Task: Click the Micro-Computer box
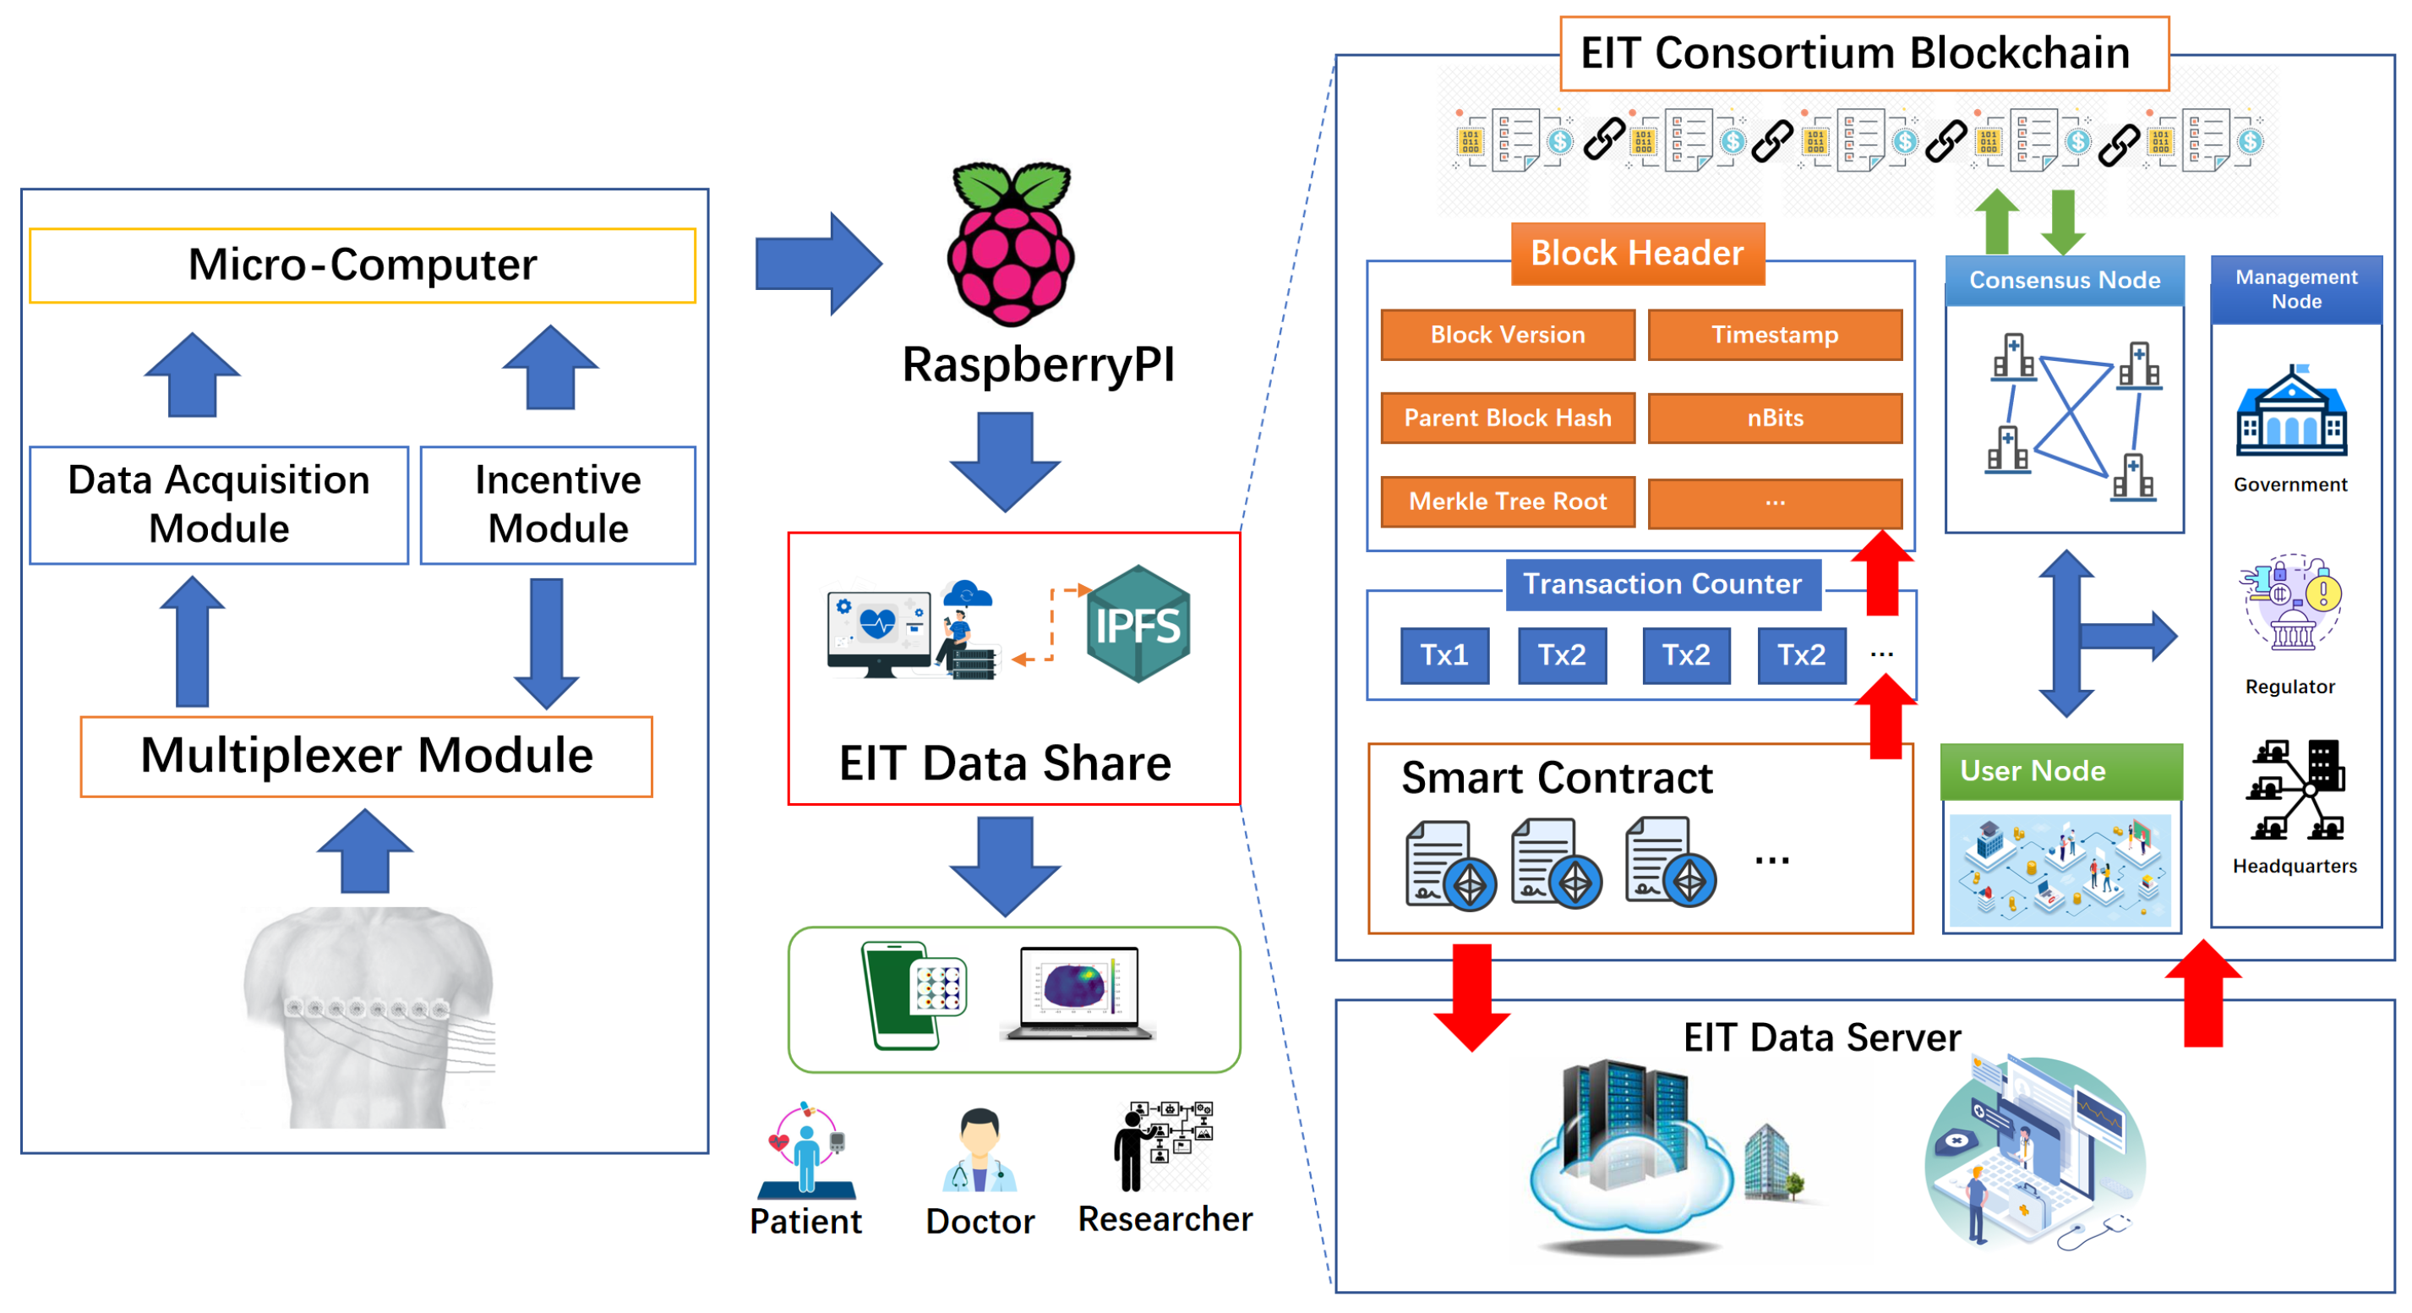coord(363,265)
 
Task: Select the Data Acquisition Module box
coord(218,505)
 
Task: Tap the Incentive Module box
coord(558,505)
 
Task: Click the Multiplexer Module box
coord(366,756)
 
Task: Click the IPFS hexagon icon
coord(1138,624)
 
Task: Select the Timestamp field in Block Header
coord(1775,334)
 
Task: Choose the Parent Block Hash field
coord(1508,418)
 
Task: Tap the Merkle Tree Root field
coord(1508,501)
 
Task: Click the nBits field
coord(1775,418)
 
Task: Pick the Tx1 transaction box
coord(1443,654)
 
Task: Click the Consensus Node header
coord(2064,280)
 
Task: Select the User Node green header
coord(2060,771)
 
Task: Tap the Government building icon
coord(2290,412)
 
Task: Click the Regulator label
coord(2289,687)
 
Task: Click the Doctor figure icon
coord(980,1149)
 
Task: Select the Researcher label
coord(1165,1219)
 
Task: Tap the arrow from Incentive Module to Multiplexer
coord(547,643)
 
